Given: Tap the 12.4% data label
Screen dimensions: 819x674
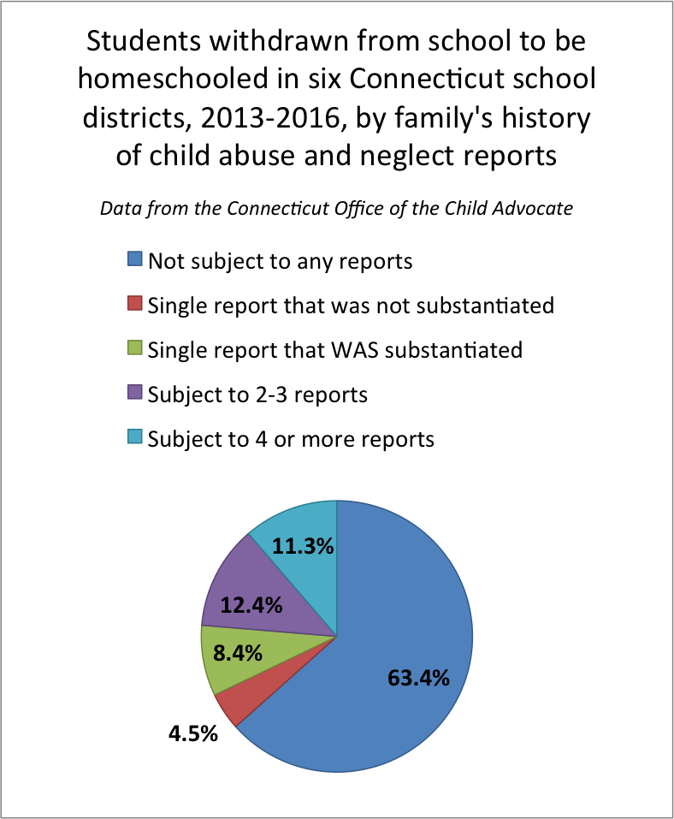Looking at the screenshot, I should pos(251,605).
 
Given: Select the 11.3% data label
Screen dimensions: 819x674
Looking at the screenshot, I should pos(303,545).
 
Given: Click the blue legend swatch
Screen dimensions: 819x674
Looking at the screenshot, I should pos(134,260).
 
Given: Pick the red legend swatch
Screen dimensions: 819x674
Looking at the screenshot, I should pos(134,305).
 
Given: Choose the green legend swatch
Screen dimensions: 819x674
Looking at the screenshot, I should pos(134,349).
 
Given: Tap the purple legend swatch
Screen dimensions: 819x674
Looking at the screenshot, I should pos(134,394).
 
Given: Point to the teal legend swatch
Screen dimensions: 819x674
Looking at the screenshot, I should pos(134,438).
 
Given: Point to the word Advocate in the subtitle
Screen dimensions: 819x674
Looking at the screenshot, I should pos(535,209).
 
